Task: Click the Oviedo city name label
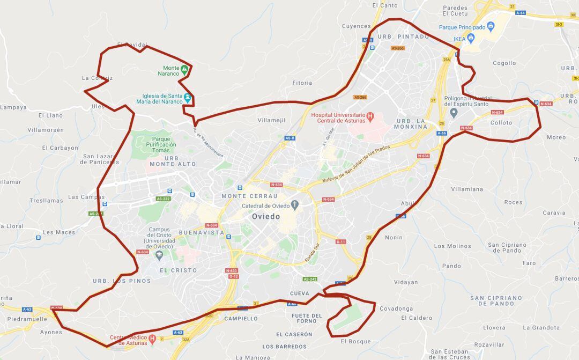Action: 266,216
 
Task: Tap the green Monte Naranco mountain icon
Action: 184,69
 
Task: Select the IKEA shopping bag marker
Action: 471,38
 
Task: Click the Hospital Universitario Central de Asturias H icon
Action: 370,116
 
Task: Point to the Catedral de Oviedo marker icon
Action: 294,205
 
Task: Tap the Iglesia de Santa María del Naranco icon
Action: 188,98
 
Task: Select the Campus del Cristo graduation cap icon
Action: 159,255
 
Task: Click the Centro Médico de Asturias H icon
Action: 153,339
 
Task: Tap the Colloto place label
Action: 501,123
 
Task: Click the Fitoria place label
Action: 302,83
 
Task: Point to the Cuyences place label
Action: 356,26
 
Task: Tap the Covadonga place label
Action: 396,308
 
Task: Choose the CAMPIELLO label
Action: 241,318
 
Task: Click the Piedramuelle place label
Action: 27,319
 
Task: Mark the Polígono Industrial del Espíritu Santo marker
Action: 454,113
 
